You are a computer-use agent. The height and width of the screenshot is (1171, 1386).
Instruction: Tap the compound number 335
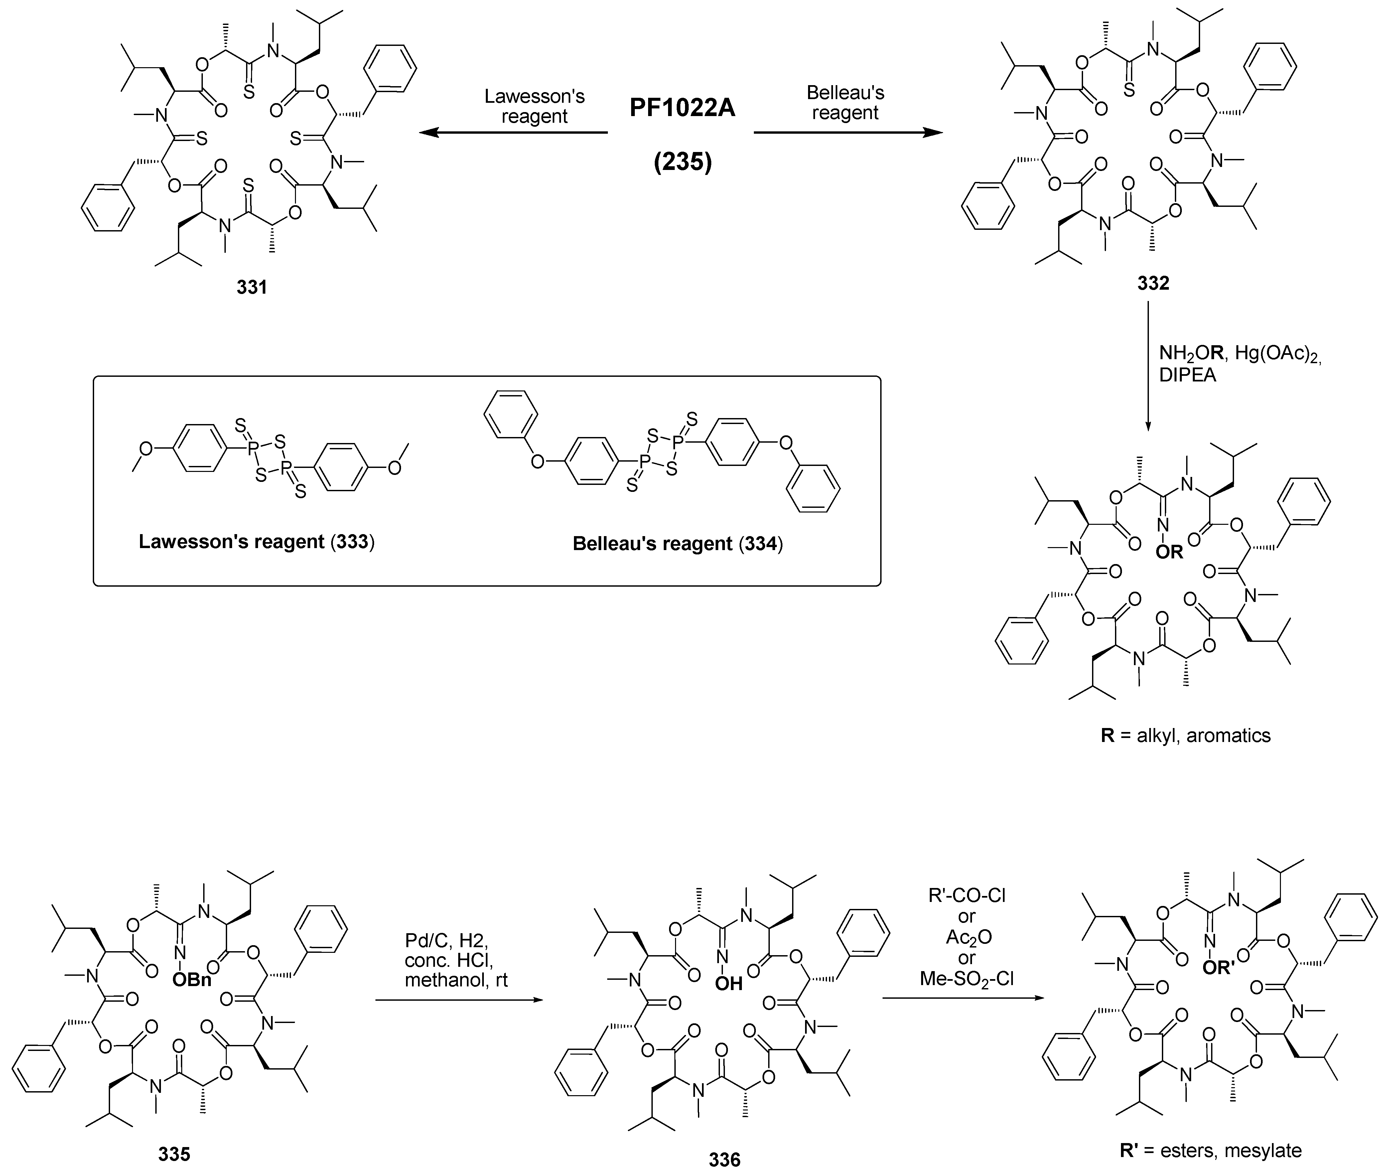174,1154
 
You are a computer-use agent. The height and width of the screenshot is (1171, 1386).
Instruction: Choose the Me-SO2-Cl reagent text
966,978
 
